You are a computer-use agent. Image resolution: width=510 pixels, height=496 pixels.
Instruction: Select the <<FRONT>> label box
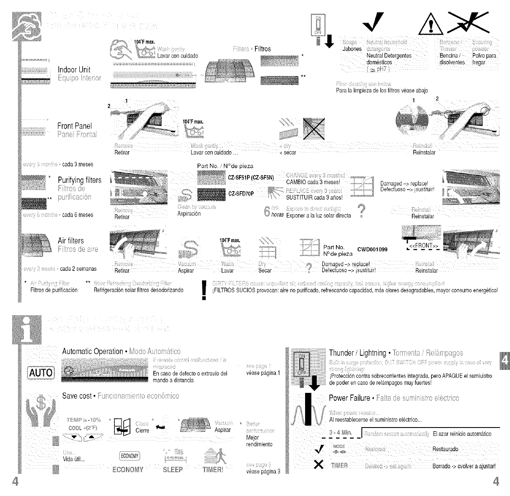click(423, 246)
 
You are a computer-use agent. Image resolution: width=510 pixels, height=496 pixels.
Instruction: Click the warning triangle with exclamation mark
click(427, 29)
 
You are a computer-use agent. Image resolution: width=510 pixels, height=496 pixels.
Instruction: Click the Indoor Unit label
click(74, 69)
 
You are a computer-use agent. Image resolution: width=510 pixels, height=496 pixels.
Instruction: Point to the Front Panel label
click(75, 126)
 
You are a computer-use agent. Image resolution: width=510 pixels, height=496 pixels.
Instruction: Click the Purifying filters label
click(79, 180)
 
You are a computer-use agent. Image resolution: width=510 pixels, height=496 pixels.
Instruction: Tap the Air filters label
click(71, 240)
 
